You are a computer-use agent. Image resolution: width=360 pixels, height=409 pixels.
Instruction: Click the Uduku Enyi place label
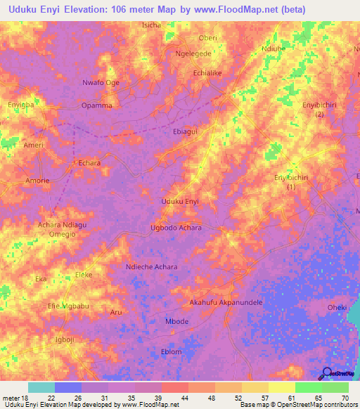[x=180, y=202]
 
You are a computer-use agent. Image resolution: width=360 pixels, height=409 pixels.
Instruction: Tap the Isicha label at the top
[x=151, y=25]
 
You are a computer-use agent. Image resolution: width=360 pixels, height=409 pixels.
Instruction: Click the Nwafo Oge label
[x=101, y=82]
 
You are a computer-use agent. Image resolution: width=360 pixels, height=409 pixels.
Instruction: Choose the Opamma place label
[x=96, y=105]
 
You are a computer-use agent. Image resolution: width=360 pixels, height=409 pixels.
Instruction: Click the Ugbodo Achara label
[x=176, y=228]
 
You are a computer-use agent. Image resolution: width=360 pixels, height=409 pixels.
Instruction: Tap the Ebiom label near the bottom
[x=171, y=351]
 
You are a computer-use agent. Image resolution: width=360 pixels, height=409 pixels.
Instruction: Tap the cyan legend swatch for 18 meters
[x=41, y=387]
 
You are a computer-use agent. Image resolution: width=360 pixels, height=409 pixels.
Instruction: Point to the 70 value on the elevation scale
[x=344, y=398]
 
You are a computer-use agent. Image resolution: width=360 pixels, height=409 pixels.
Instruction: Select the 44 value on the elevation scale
[x=174, y=398]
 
